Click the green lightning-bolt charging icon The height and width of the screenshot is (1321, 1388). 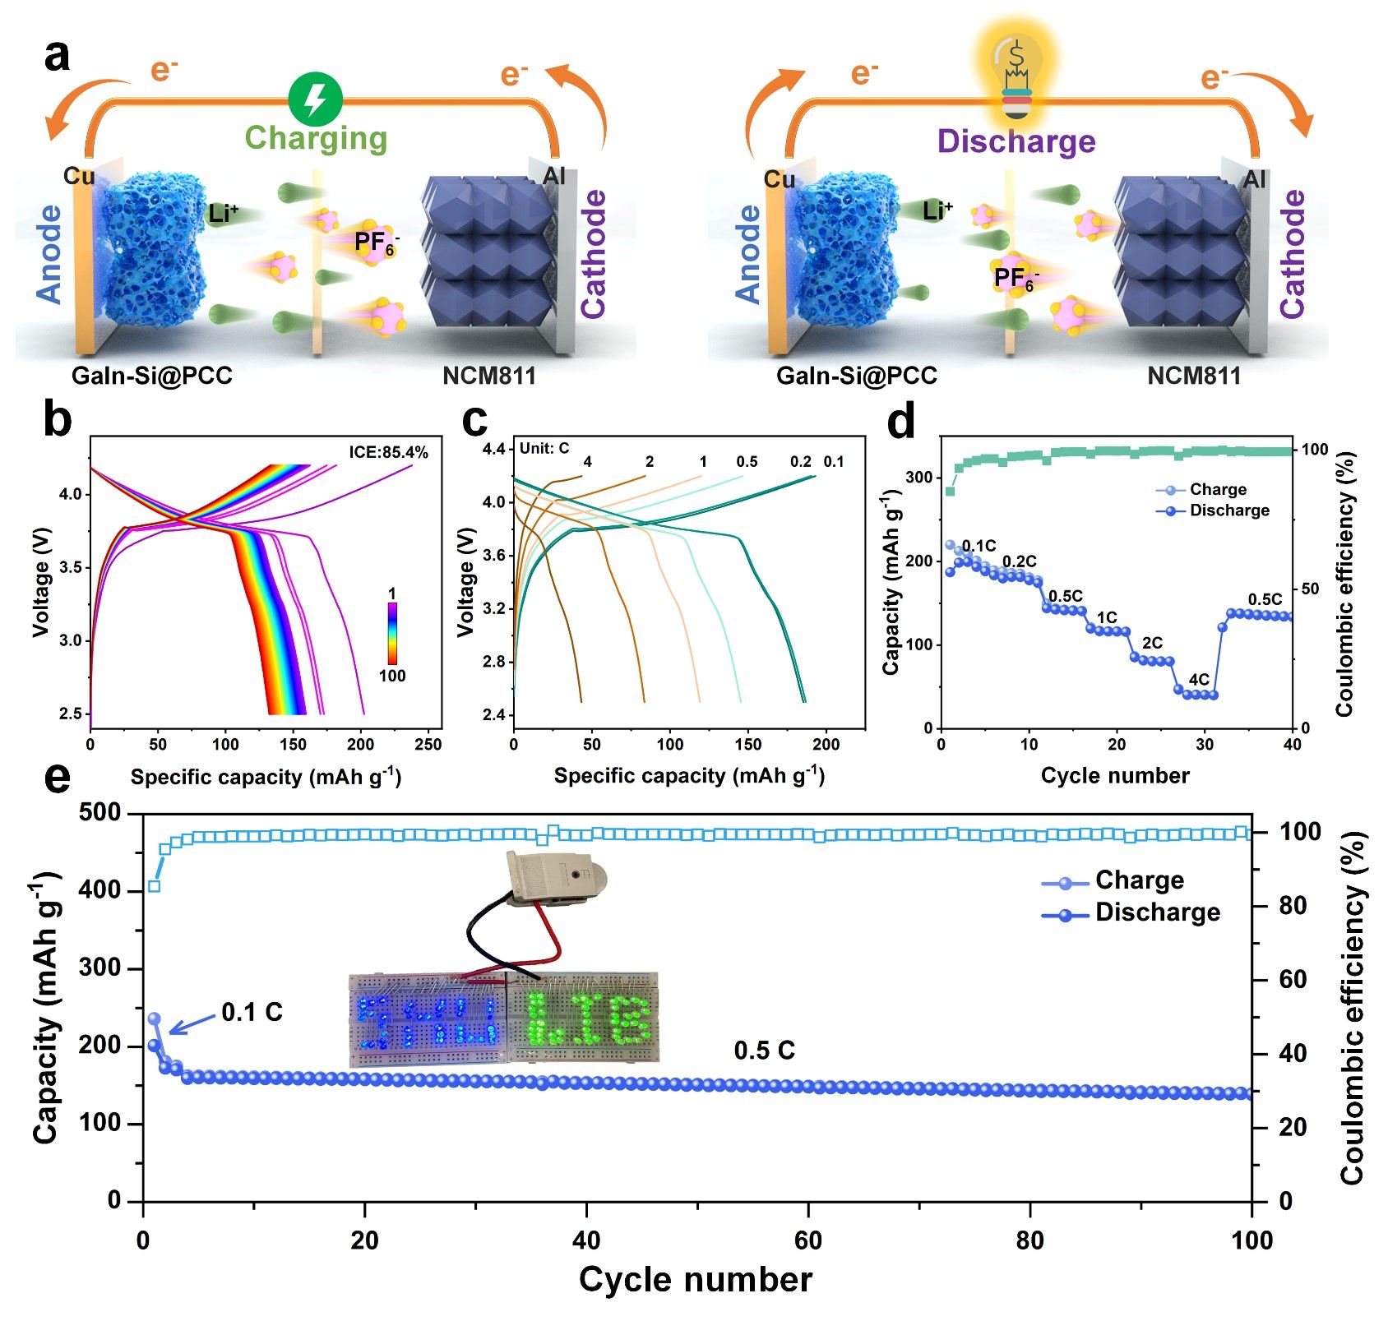pos(315,99)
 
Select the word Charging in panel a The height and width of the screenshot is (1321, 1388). pos(316,138)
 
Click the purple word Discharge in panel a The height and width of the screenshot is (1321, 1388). pos(1016,141)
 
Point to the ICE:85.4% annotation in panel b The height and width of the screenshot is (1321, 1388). pos(388,452)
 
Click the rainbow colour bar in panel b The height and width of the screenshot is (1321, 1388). pos(392,633)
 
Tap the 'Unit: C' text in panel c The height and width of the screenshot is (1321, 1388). pos(544,448)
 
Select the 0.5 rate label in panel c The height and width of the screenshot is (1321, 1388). pos(747,462)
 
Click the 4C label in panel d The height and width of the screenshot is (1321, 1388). pos(1199,680)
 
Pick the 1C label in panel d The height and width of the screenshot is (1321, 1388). pos(1107,617)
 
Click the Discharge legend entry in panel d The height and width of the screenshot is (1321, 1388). pos(1228,510)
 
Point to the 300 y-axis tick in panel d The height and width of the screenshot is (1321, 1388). pos(921,478)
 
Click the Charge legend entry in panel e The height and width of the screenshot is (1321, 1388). pos(1139,880)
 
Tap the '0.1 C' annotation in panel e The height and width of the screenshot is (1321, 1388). pos(252,1012)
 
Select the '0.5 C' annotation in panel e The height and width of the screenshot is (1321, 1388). pos(764,1051)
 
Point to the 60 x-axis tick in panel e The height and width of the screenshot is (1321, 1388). pos(808,1240)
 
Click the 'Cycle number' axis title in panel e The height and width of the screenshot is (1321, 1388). pos(696,1280)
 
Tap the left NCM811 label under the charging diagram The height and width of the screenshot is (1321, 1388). pos(489,376)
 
